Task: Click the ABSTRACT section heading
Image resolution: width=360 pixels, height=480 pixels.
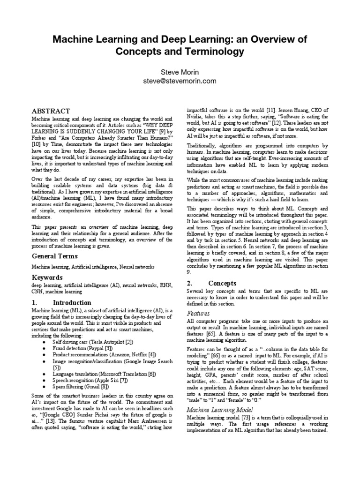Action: (50, 111)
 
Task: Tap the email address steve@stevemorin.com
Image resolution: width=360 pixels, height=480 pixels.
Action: (180, 81)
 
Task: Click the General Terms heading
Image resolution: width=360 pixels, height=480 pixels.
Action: (54, 256)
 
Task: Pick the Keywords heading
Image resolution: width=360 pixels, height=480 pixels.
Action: (47, 277)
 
